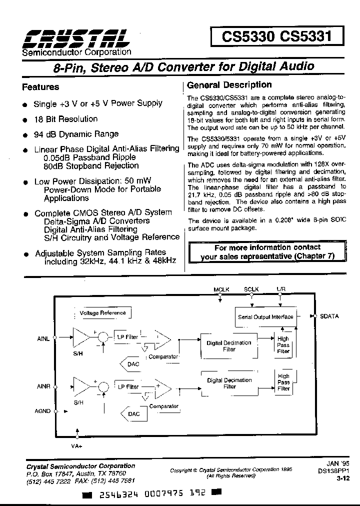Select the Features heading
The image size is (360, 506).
coord(40,87)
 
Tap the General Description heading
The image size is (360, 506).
coord(229,85)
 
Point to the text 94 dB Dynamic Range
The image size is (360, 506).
coord(76,134)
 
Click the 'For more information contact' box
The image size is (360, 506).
coord(267,252)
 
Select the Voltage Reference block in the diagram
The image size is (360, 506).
coord(102,313)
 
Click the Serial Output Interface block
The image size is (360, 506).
coord(265,316)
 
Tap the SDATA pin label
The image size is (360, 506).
coord(329,316)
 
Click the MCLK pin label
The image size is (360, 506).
coord(220,289)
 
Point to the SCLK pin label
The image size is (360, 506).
coord(251,289)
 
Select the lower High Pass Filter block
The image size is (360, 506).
coord(283,382)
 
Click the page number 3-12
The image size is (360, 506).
coord(342,478)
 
